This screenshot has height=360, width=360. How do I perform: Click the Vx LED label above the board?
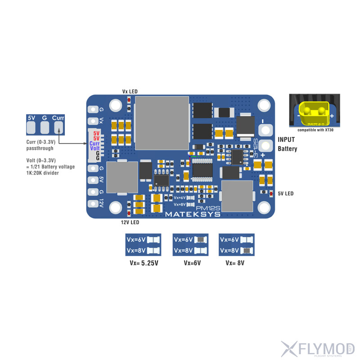pos(130,91)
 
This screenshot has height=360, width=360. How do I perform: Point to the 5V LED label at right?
pos(285,193)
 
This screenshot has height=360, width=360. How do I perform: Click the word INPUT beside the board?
pos(287,139)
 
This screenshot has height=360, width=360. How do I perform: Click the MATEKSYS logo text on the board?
pos(193,214)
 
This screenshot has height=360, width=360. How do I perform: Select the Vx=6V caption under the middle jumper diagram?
pos(192,263)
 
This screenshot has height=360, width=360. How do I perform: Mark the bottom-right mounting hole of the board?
pos(264,207)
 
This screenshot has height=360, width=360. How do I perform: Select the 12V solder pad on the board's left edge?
pos(94,203)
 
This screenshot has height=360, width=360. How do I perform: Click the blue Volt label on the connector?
pos(95,148)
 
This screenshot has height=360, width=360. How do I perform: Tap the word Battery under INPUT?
pos(288,149)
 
